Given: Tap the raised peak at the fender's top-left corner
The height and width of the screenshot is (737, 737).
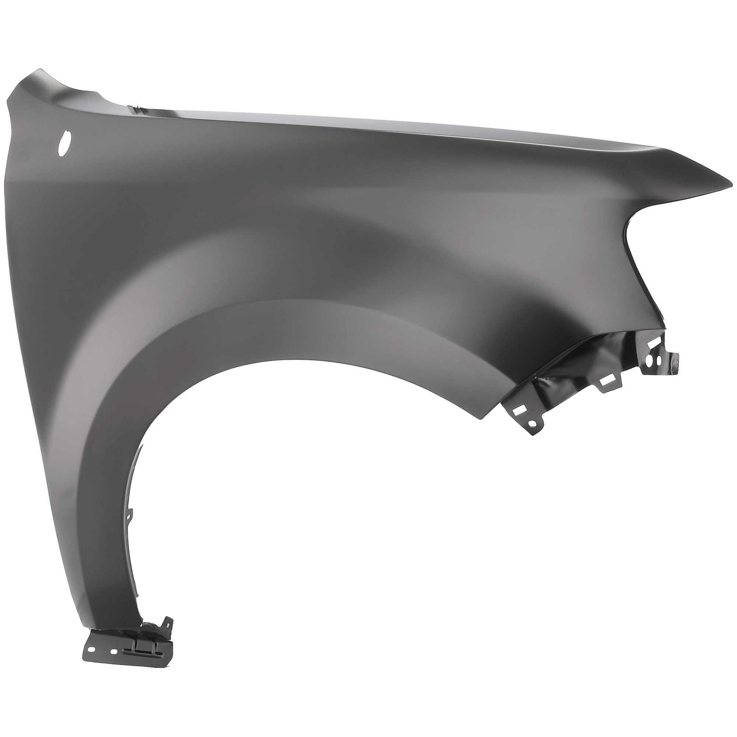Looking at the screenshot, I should [37, 71].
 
